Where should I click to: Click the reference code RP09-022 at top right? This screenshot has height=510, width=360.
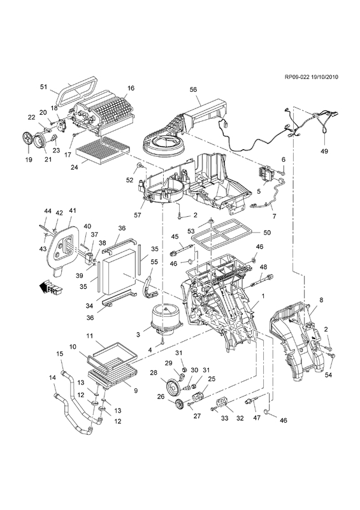pos(297,77)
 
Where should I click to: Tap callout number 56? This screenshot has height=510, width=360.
pos(194,89)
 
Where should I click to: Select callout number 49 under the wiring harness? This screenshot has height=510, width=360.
pos(324,151)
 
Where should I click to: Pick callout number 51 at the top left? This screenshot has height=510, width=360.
pos(43,87)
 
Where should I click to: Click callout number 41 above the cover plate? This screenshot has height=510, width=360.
pos(72,211)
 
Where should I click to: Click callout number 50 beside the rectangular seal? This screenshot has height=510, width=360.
pos(267,233)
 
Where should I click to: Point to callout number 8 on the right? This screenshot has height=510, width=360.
pos(321,300)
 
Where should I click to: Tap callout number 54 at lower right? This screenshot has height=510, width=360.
pos(328,375)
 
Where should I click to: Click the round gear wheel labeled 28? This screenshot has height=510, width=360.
pos(173,387)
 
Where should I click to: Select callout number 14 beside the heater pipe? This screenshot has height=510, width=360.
pos(52,377)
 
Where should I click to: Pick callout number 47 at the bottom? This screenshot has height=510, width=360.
pos(257,418)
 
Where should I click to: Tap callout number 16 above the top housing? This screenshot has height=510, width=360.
pos(131,88)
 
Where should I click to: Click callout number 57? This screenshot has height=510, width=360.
pos(138,215)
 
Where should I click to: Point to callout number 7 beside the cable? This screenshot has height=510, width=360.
pos(274,216)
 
